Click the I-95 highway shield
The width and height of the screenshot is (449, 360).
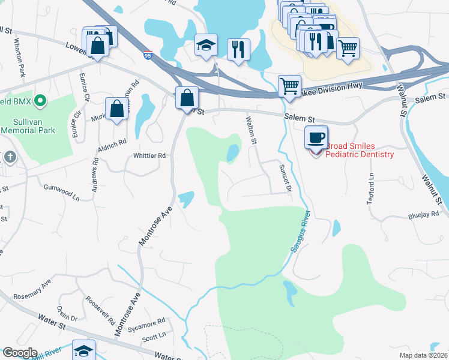click(x=148, y=56)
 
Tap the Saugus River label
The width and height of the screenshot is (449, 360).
click(x=301, y=233)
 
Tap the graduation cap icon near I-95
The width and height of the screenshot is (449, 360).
click(x=205, y=45)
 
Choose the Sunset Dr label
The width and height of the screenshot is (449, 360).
click(x=284, y=178)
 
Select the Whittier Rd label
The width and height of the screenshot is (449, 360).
click(x=149, y=155)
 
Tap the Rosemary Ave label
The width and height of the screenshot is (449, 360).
click(x=33, y=289)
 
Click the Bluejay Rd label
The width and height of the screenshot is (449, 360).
click(x=423, y=214)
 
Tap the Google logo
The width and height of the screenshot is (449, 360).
click(x=19, y=353)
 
